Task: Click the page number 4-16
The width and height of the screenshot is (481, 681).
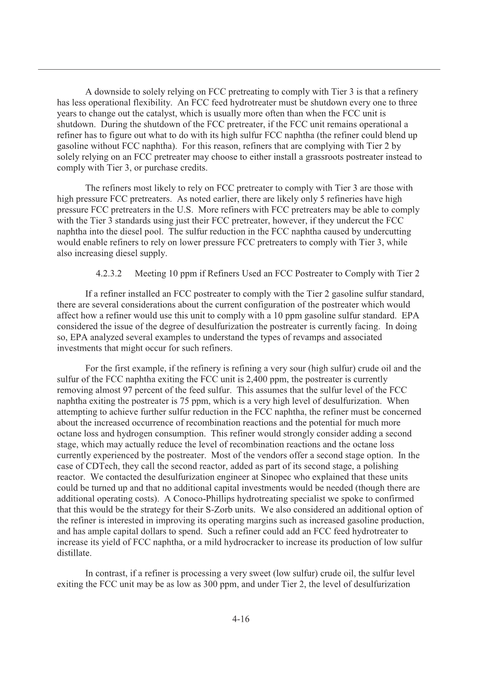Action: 241,619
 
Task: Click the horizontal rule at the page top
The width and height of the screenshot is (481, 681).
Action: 239,69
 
